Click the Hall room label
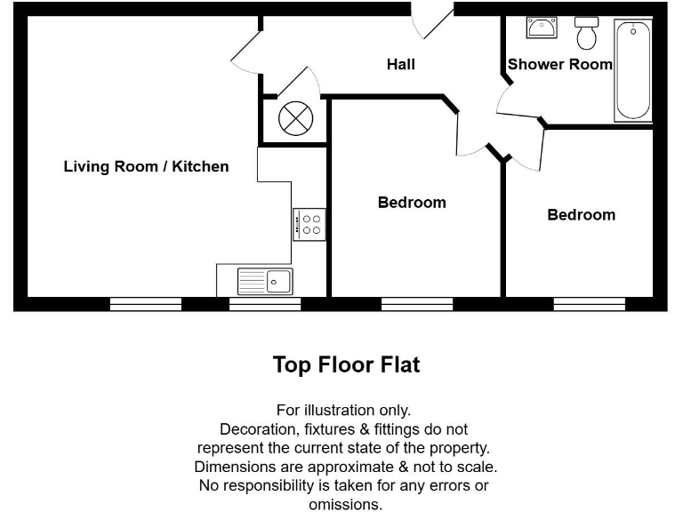[400, 64]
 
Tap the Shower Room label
[559, 64]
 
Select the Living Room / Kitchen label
[146, 166]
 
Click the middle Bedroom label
[412, 202]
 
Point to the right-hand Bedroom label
[581, 214]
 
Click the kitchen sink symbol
[265, 281]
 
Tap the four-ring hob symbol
[310, 224]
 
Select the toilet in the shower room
[586, 33]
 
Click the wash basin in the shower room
[541, 28]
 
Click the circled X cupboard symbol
[294, 118]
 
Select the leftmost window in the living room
[146, 304]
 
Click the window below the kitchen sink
[265, 304]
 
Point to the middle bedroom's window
[417, 304]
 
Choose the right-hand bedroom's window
[589, 304]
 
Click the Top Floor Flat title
[346, 364]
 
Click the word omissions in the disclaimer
[345, 505]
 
